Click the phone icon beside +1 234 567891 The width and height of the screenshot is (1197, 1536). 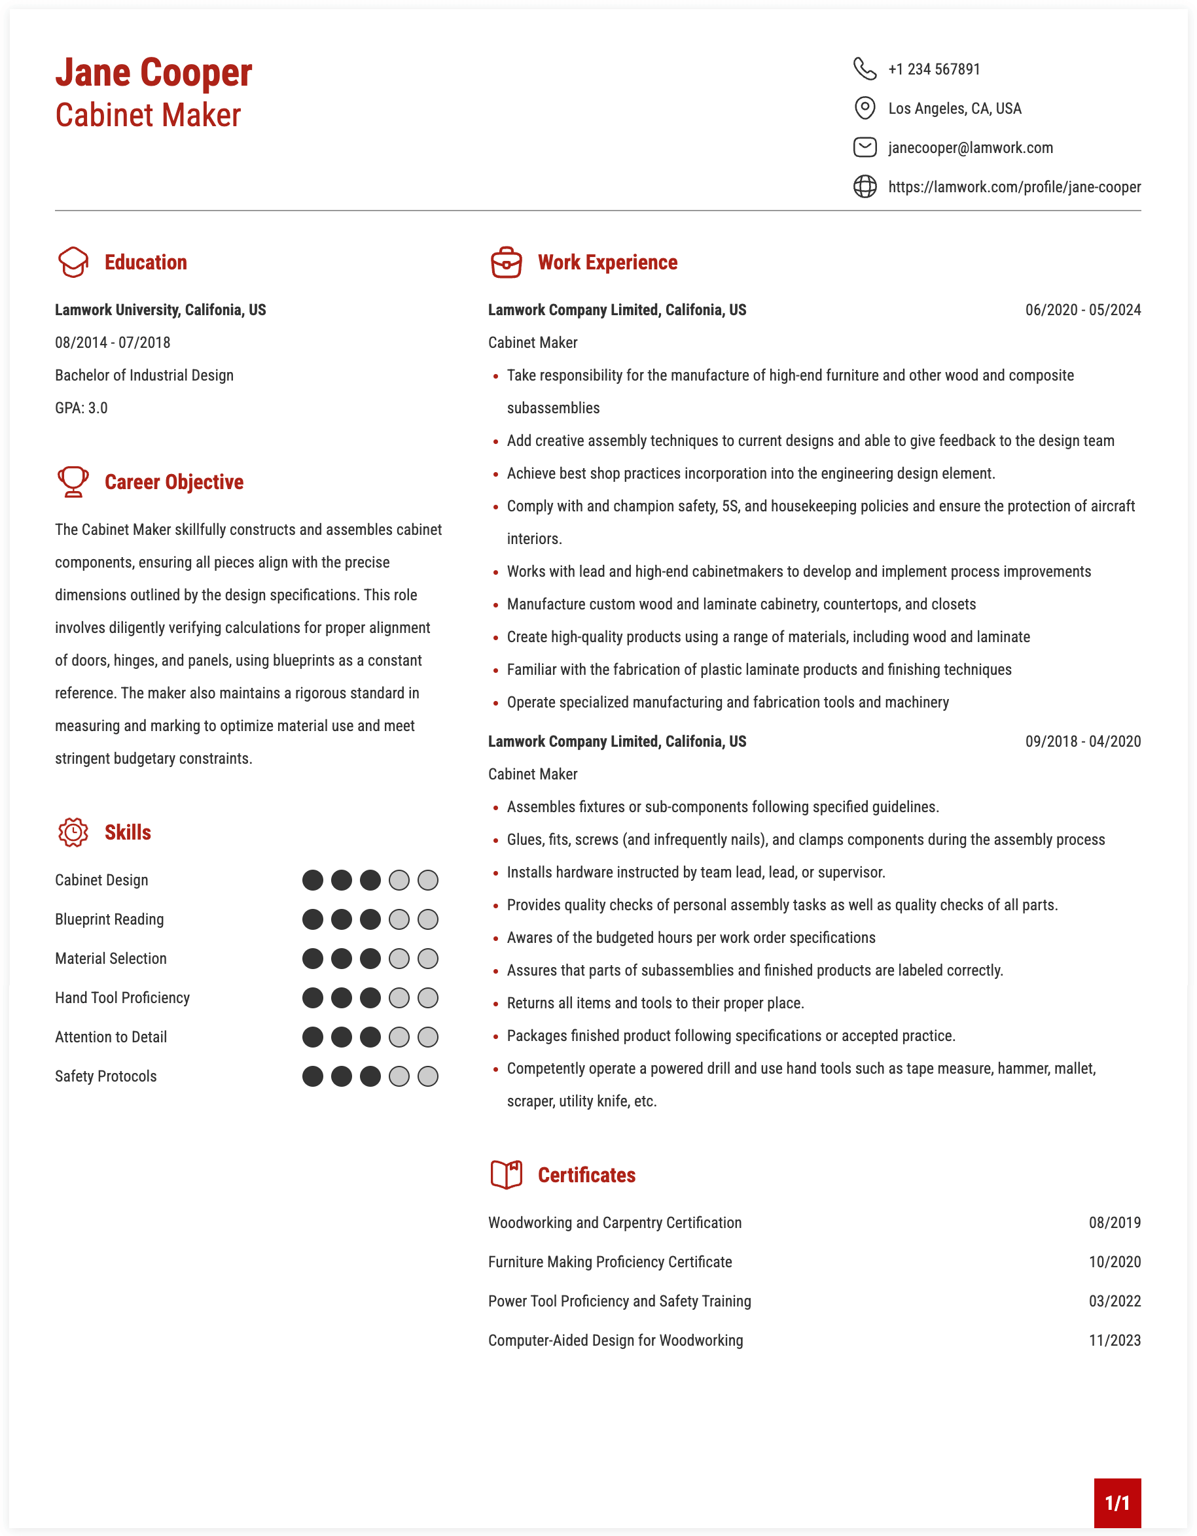(864, 69)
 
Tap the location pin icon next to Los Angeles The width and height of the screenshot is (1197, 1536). (864, 109)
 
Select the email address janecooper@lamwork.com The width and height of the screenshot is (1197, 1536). (970, 148)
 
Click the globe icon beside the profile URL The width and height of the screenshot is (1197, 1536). (864, 187)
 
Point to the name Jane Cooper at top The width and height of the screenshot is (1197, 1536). (153, 73)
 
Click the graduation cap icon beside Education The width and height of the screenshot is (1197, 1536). (73, 262)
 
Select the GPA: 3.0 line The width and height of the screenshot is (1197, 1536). (82, 408)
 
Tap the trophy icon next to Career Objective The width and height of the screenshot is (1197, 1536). (73, 482)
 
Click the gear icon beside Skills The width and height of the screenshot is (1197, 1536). (73, 832)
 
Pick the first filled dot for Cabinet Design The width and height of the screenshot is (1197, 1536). (312, 880)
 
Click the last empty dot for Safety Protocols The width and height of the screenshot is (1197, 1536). (428, 1076)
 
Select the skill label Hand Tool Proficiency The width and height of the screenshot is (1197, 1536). (122, 998)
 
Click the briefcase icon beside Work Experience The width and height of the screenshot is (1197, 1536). (506, 262)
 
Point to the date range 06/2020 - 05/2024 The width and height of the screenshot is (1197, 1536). (1082, 310)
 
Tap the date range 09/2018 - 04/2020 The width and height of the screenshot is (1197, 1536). (1082, 742)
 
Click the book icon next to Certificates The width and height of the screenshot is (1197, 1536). (506, 1174)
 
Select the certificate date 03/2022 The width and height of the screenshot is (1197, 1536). (1115, 1301)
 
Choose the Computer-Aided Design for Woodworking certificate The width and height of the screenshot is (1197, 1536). (616, 1340)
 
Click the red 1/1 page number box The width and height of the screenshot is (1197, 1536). (1117, 1503)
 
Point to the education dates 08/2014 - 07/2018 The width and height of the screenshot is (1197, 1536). (113, 343)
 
